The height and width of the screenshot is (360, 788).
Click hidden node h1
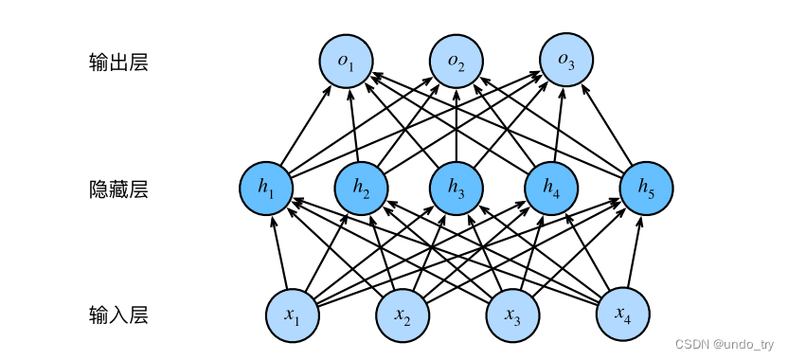267,189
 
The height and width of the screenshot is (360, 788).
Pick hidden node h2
362,189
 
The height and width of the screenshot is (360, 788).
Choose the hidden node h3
457,189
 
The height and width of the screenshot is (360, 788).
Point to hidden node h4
551,189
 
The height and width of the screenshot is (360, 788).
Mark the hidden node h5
646,189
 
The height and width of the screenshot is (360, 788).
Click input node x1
293,314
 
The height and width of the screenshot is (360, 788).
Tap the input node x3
513,314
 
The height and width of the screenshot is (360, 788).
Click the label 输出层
118,63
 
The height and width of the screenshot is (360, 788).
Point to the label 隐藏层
118,189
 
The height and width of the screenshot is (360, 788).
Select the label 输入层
118,314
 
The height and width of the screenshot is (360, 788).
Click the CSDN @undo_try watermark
724,346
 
